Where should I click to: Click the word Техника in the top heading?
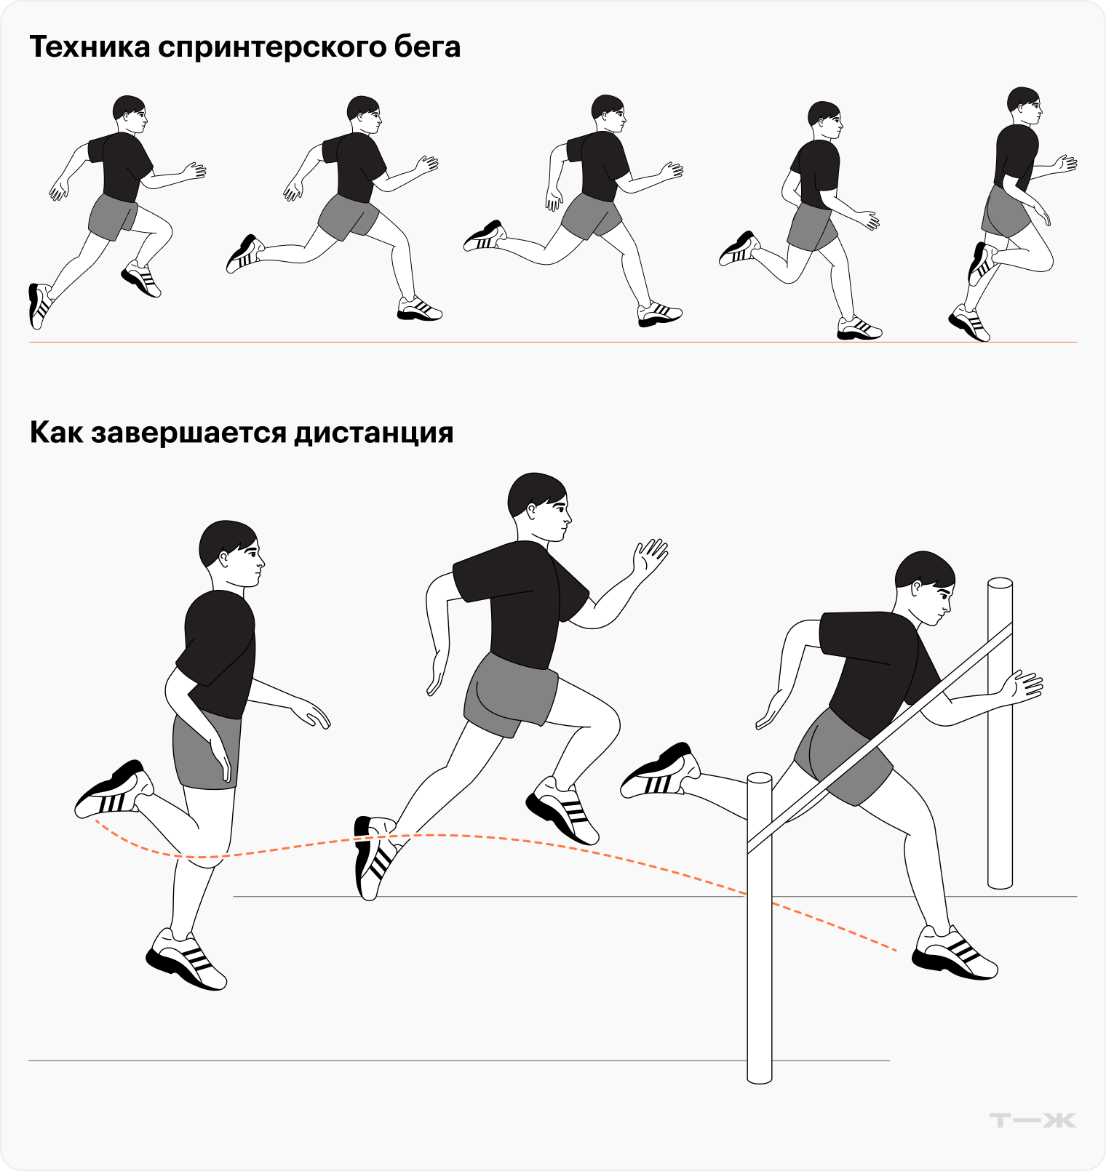click(89, 47)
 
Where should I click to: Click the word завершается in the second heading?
click(188, 433)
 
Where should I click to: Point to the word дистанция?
click(373, 434)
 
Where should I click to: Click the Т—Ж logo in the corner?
click(1033, 1120)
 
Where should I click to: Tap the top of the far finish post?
click(1000, 583)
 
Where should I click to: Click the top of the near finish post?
click(760, 779)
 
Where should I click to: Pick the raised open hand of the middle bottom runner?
click(649, 557)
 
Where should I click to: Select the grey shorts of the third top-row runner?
click(590, 216)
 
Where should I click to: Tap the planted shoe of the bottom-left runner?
click(187, 959)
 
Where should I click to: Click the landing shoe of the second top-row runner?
click(419, 309)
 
